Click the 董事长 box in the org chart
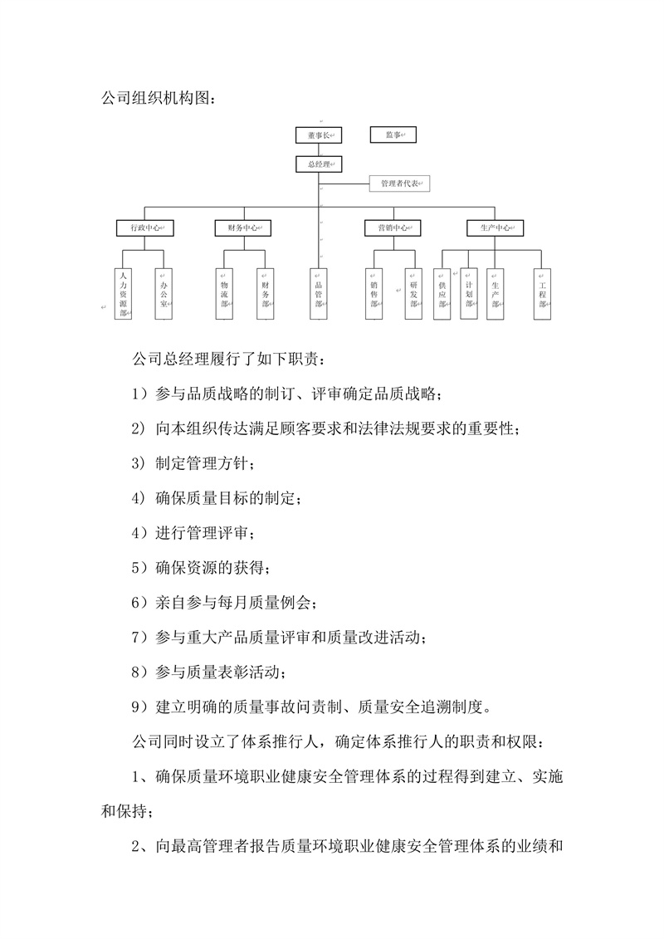coord(319,135)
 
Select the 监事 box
coord(388,135)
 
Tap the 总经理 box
coord(319,164)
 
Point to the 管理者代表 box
coord(400,183)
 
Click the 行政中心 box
coord(145,227)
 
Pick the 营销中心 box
coord(393,227)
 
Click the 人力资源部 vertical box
coord(124,294)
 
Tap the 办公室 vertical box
coord(164,294)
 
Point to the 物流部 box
coord(225,294)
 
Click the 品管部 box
coord(319,294)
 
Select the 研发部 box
coord(413,294)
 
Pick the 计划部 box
coord(469,294)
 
